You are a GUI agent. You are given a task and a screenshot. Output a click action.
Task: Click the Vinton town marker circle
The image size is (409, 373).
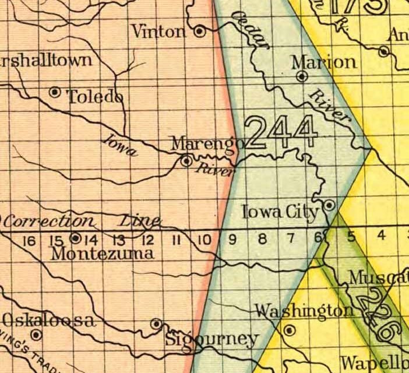click(x=200, y=31)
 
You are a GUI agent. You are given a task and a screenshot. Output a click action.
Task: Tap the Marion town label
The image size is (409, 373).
click(x=324, y=62)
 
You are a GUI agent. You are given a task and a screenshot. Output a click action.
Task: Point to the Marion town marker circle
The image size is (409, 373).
click(x=302, y=76)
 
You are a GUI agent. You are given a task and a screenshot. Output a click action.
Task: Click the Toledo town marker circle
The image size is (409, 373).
click(x=55, y=92)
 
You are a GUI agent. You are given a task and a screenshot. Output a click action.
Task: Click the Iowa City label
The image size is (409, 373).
click(x=280, y=212)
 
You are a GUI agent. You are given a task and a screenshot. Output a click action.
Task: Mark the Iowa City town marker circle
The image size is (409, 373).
click(x=329, y=205)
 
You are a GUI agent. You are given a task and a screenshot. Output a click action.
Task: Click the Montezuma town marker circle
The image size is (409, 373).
click(x=75, y=238)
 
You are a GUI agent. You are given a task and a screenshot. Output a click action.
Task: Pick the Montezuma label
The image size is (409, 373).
click(x=103, y=254)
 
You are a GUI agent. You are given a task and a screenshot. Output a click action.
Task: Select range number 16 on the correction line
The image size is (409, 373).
click(x=28, y=239)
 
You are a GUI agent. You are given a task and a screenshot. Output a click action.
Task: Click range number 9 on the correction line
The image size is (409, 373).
click(x=232, y=238)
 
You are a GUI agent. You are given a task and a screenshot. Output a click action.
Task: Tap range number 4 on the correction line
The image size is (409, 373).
click(x=381, y=236)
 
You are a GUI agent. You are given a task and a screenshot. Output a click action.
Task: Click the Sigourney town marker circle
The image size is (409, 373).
click(x=156, y=323)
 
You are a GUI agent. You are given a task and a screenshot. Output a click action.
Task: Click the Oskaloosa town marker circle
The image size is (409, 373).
click(x=36, y=335)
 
